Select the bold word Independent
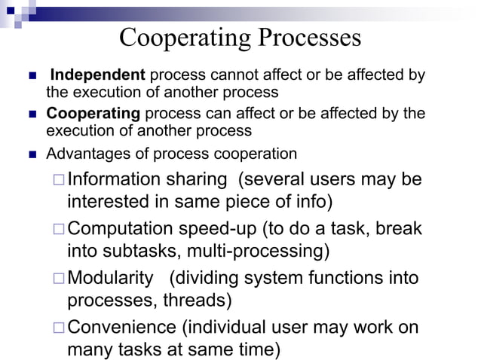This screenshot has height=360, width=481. [x=97, y=76]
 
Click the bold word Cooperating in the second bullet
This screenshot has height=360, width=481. [x=93, y=114]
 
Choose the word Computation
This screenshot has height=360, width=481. [x=127, y=229]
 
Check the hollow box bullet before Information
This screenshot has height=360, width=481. [x=59, y=182]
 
